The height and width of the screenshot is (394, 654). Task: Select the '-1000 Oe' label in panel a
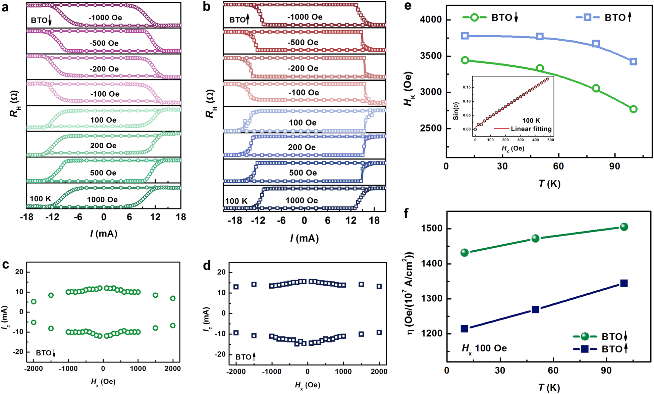click(x=105, y=18)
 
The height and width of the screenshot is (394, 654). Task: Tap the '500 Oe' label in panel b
click(x=303, y=173)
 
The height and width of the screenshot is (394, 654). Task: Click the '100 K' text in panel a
click(x=40, y=199)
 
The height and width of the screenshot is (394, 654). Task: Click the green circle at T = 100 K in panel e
click(x=633, y=109)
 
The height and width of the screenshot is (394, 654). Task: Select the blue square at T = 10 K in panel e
click(x=465, y=36)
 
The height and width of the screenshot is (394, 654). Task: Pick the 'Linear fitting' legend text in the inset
click(x=531, y=129)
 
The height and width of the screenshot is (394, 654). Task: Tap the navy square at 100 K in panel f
click(x=624, y=283)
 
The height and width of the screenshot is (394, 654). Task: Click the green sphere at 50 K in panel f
click(x=536, y=238)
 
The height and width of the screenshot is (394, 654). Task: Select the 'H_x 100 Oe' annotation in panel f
click(x=484, y=348)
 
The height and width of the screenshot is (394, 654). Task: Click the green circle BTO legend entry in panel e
click(x=474, y=17)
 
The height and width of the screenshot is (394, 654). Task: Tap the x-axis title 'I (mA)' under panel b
click(x=304, y=238)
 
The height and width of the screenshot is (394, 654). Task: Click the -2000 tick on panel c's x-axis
click(x=34, y=368)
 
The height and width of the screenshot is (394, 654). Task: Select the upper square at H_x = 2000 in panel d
click(x=379, y=286)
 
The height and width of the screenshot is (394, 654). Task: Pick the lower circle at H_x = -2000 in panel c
click(x=34, y=322)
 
